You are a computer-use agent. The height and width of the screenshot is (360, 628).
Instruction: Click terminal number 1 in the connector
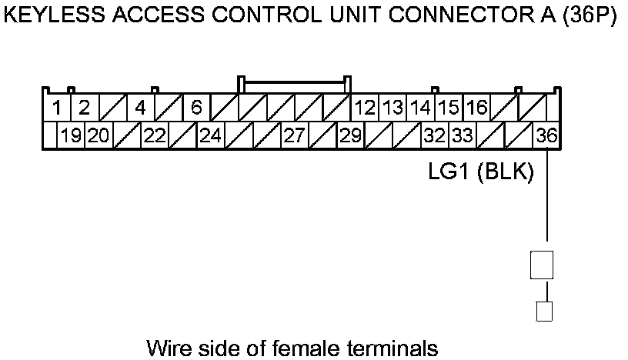[57, 108]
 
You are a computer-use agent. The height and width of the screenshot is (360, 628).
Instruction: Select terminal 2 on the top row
[84, 108]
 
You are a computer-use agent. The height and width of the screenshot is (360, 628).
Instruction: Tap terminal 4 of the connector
[140, 108]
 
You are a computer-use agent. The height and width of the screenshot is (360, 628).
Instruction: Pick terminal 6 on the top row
[195, 108]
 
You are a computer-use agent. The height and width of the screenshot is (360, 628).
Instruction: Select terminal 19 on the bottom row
[72, 136]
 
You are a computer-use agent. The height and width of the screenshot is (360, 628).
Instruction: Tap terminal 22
[155, 136]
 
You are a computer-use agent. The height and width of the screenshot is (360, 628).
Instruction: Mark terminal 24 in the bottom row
[210, 136]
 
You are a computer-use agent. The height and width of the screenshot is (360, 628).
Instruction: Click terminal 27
[294, 136]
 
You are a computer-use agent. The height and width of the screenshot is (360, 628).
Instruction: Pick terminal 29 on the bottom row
[351, 136]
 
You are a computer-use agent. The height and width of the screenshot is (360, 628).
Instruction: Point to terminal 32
[434, 136]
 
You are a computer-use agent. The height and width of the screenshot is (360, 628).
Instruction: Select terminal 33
[462, 136]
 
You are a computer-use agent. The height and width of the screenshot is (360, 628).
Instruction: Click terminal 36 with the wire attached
[546, 136]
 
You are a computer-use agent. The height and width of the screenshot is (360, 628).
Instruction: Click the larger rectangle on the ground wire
[541, 265]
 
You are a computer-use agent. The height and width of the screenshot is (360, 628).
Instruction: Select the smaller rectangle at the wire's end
[543, 312]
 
